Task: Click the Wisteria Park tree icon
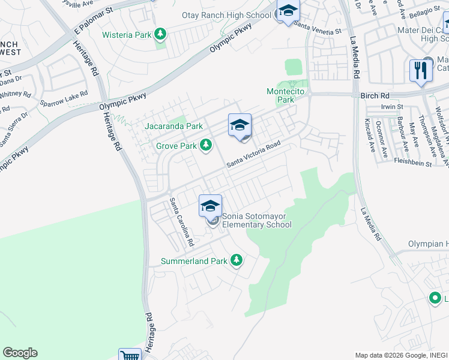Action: pos(160,34)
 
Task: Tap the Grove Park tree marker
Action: pos(206,145)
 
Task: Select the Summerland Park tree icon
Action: pos(237,260)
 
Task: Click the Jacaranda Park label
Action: pos(173,126)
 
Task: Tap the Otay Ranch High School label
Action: pos(227,14)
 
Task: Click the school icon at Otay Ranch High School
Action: pos(288,11)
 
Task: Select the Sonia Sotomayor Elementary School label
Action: pos(257,220)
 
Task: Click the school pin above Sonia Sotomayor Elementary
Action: pos(211,206)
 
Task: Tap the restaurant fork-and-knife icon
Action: pos(420,70)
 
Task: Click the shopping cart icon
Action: pos(130,355)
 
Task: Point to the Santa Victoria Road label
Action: pos(253,155)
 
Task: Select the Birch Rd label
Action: pos(375,95)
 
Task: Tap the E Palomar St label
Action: pos(93,21)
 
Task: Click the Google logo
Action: pos(20,353)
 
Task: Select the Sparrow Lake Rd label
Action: pos(64,98)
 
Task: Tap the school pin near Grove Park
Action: pos(240,125)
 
